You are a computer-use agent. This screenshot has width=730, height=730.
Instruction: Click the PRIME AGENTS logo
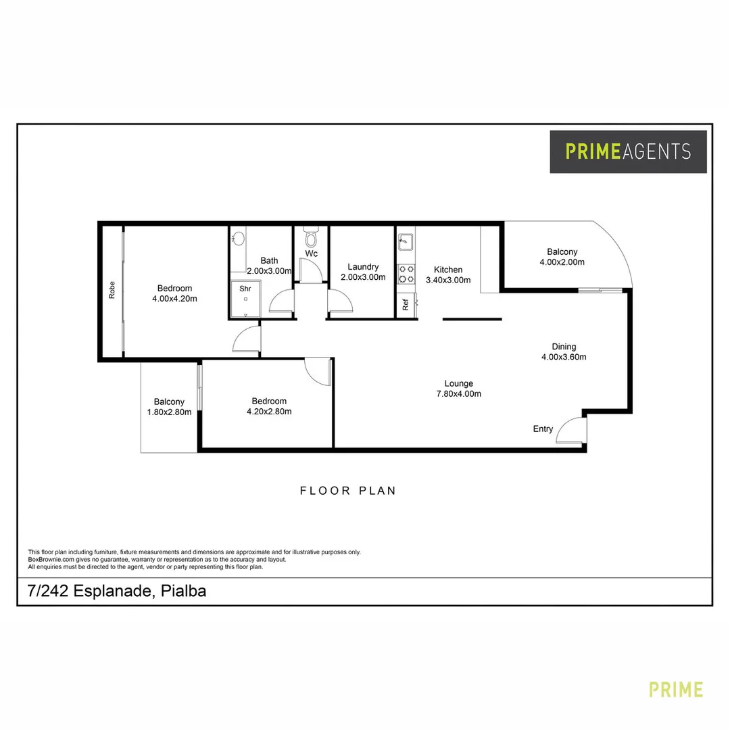click(x=628, y=151)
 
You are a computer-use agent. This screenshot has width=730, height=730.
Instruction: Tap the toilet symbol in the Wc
click(x=311, y=238)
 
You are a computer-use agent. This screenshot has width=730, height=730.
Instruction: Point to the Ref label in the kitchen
click(x=406, y=305)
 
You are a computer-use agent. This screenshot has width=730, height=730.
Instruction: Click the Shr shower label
click(x=245, y=288)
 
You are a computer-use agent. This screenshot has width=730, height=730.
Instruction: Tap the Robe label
click(x=112, y=290)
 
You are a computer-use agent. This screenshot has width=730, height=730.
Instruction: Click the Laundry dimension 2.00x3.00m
click(x=362, y=277)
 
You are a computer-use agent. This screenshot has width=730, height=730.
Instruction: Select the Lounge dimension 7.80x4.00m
click(x=459, y=394)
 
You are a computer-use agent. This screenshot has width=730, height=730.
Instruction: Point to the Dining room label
click(x=564, y=347)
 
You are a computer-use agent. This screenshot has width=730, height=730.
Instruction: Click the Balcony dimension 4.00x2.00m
click(x=562, y=262)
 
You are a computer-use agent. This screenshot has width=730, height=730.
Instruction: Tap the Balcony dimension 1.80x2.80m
click(x=169, y=412)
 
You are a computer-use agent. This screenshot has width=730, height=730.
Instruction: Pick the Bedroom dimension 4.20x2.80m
click(x=269, y=411)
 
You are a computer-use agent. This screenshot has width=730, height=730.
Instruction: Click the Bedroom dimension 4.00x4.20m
click(x=174, y=299)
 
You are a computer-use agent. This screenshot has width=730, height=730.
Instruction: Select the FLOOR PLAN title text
click(x=348, y=491)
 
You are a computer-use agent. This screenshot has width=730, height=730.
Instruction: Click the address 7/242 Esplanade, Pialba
click(x=117, y=591)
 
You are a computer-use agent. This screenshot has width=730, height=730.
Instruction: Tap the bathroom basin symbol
click(x=238, y=239)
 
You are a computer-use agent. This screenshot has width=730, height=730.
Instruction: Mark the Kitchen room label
click(x=448, y=270)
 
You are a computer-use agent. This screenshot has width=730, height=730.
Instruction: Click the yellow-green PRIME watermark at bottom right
click(x=676, y=689)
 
